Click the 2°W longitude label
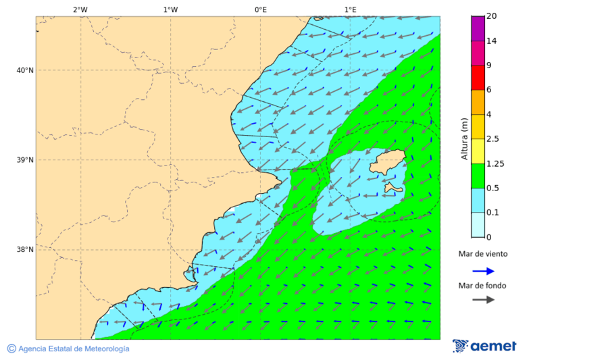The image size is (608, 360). pyautogui.click(x=80, y=9)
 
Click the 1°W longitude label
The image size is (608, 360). pyautogui.click(x=170, y=9)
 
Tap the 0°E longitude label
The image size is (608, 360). pyautogui.click(x=260, y=9)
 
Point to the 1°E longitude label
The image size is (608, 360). pyautogui.click(x=350, y=9)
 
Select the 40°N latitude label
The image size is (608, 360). pyautogui.click(x=25, y=70)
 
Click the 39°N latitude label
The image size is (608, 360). pyautogui.click(x=25, y=160)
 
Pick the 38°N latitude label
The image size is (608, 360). pyautogui.click(x=25, y=249)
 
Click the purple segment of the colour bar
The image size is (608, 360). pyautogui.click(x=478, y=28)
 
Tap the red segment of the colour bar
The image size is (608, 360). pyautogui.click(x=478, y=78)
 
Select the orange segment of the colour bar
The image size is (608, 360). pyautogui.click(x=478, y=102)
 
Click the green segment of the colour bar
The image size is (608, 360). pyautogui.click(x=478, y=176)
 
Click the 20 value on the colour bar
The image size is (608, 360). pyautogui.click(x=492, y=16)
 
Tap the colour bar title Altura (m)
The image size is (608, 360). pyautogui.click(x=464, y=138)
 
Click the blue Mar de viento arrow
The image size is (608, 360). pyautogui.click(x=483, y=271)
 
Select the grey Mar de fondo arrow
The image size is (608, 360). pyautogui.click(x=483, y=299)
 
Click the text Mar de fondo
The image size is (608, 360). pyautogui.click(x=482, y=286)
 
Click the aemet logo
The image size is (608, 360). pyautogui.click(x=484, y=346)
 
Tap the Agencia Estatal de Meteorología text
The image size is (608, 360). pyautogui.click(x=73, y=349)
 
